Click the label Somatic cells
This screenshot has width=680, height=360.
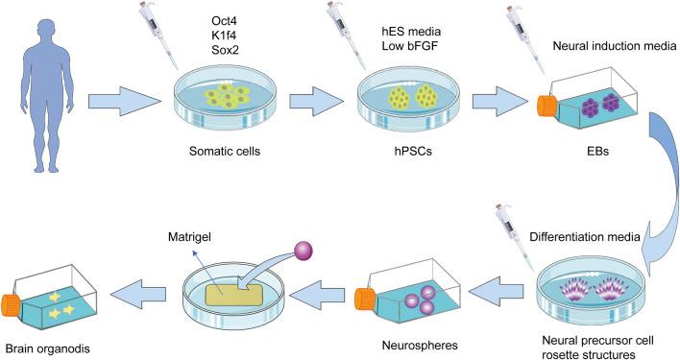[x=231, y=152]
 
